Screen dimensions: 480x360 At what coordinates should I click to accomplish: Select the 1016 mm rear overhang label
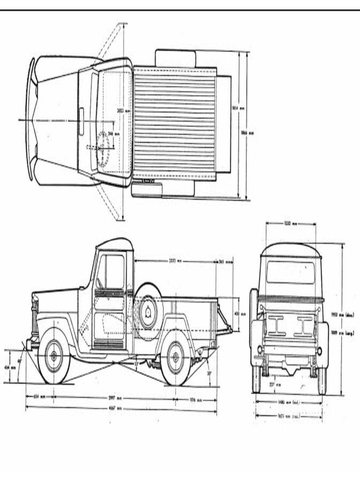pos(195,400)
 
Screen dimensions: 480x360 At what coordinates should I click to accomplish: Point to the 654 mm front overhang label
pos(39,397)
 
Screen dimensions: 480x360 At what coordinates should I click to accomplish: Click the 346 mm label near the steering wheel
pos(113,134)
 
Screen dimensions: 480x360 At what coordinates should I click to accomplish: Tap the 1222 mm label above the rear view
pos(291,224)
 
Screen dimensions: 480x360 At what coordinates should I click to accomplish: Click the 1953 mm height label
pos(343,315)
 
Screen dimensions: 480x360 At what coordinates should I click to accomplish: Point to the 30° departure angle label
pos(209,374)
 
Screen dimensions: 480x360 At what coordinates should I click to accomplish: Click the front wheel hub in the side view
pos(53,356)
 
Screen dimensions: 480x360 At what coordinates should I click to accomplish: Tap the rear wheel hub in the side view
pos(176,357)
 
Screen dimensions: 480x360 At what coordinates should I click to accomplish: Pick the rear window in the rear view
pos(290,272)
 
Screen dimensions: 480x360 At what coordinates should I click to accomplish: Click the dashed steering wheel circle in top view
pos(104,147)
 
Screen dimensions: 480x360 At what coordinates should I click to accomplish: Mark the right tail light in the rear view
pos(320,351)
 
